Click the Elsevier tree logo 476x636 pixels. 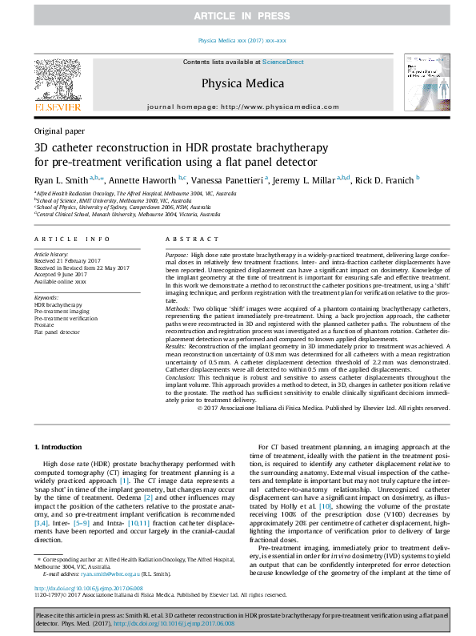pos(57,83)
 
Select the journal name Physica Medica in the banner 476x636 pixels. pos(238,82)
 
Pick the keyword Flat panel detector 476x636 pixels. pos(58,330)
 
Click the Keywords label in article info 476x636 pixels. pos(47,297)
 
